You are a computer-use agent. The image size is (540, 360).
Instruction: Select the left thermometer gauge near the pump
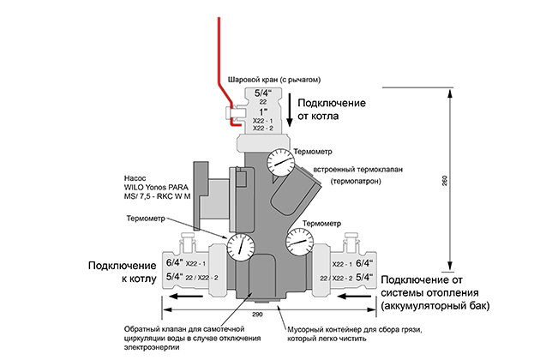(243, 246)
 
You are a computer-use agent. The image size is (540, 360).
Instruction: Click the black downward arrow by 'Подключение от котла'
(290, 115)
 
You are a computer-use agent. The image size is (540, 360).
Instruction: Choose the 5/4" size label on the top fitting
(262, 92)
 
